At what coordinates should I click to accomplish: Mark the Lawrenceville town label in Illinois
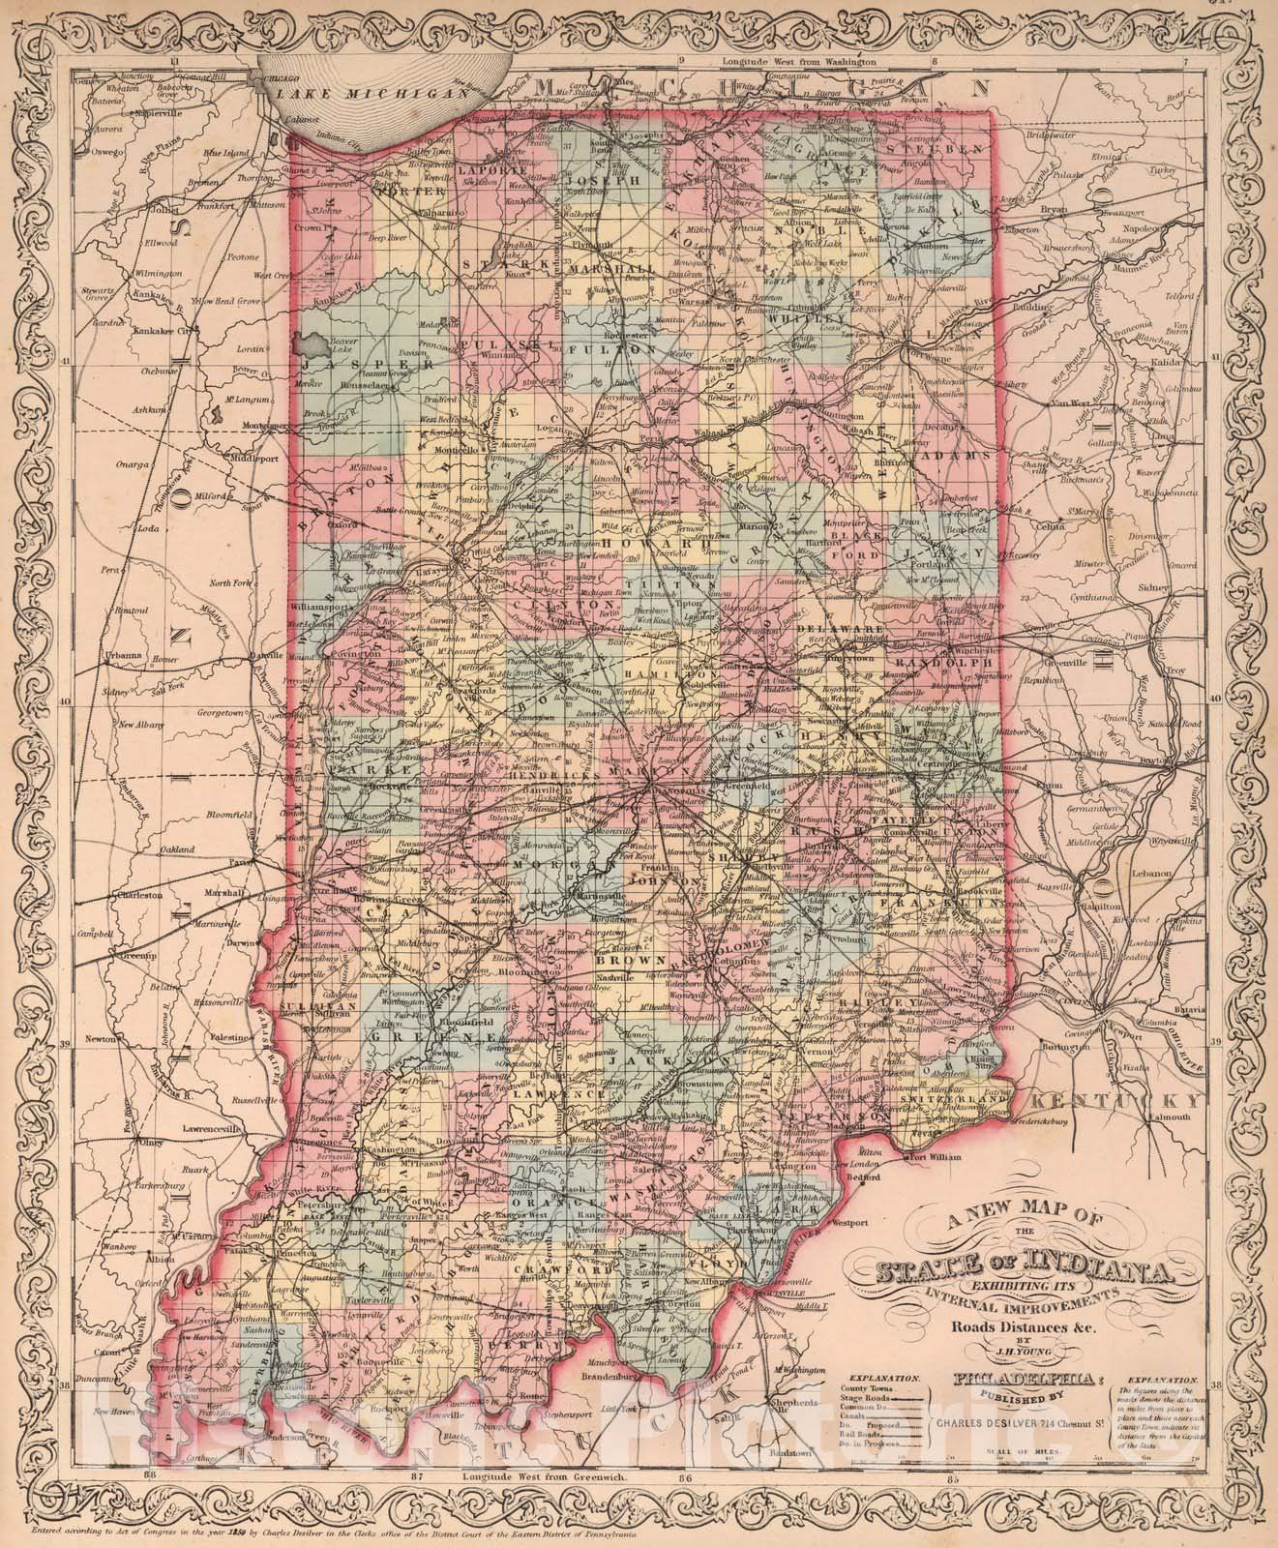coord(213,1128)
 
